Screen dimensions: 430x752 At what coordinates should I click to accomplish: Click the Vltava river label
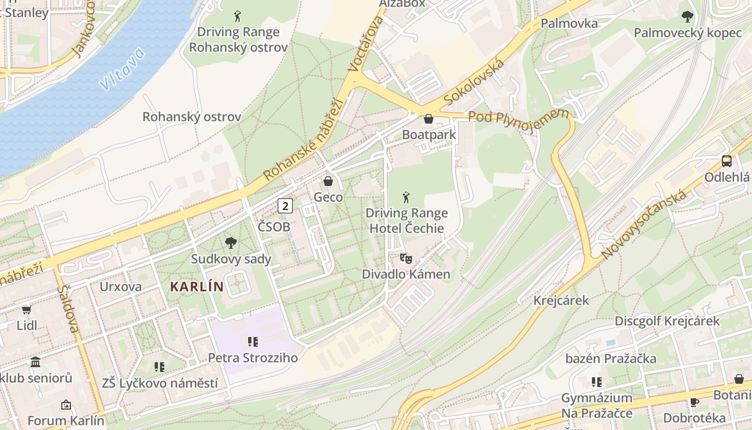[x=122, y=69]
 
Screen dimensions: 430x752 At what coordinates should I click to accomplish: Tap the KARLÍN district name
[x=196, y=286]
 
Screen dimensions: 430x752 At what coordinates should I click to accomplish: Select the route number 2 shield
[x=285, y=205]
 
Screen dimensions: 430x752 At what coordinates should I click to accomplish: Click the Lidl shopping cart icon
[x=26, y=310]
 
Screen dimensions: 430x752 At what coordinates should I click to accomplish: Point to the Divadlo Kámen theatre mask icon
[x=406, y=259]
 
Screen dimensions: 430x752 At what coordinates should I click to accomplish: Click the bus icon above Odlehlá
[x=726, y=161]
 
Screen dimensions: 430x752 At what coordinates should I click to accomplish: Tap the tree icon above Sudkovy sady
[x=231, y=243]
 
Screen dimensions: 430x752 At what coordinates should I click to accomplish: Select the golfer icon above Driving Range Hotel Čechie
[x=406, y=197]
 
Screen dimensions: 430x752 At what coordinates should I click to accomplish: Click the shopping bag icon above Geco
[x=328, y=181]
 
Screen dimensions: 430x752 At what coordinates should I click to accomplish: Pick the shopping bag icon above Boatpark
[x=429, y=119]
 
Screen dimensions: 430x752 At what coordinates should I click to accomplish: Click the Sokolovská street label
[x=475, y=83]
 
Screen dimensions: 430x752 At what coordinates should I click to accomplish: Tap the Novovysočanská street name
[x=644, y=224]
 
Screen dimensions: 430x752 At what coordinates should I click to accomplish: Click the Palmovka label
[x=569, y=23]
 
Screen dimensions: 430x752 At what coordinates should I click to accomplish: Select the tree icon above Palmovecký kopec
[x=687, y=17]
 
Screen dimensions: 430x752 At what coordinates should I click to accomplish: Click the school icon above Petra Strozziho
[x=252, y=341]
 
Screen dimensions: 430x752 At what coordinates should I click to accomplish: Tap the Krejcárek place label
[x=561, y=300]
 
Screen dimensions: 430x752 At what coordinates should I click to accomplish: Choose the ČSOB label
[x=273, y=227]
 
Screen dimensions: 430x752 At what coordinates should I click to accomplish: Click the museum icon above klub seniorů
[x=35, y=362]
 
